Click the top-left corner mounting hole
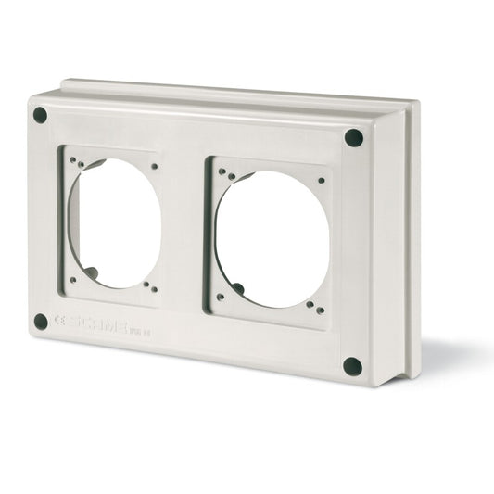[40, 115]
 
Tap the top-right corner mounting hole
[353, 138]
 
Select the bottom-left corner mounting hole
[41, 322]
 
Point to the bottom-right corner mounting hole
[352, 365]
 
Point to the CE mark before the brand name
[60, 321]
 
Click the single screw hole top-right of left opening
[154, 167]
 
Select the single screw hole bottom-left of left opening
[72, 278]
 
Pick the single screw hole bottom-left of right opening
[220, 297]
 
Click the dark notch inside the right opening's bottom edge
[238, 289]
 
